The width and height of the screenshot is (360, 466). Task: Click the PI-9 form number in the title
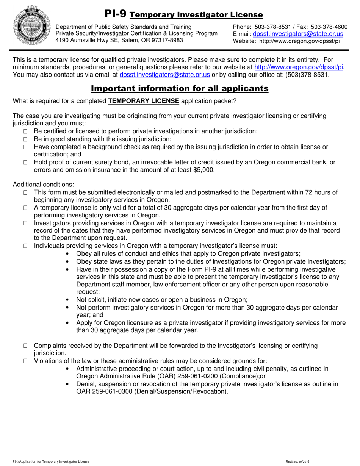[115, 14]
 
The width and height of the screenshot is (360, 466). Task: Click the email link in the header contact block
[298, 34]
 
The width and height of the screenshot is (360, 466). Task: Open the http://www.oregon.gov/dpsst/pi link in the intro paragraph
[299, 67]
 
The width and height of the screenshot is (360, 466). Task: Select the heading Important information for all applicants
[180, 89]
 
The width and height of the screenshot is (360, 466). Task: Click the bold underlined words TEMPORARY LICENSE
[144, 101]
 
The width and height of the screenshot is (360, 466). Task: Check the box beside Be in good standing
[25, 139]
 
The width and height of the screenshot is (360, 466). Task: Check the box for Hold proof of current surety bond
[25, 163]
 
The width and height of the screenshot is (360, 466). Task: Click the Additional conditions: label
[44, 185]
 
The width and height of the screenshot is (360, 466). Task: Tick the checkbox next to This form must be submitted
[25, 193]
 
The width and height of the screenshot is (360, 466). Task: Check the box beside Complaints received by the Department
[25, 346]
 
